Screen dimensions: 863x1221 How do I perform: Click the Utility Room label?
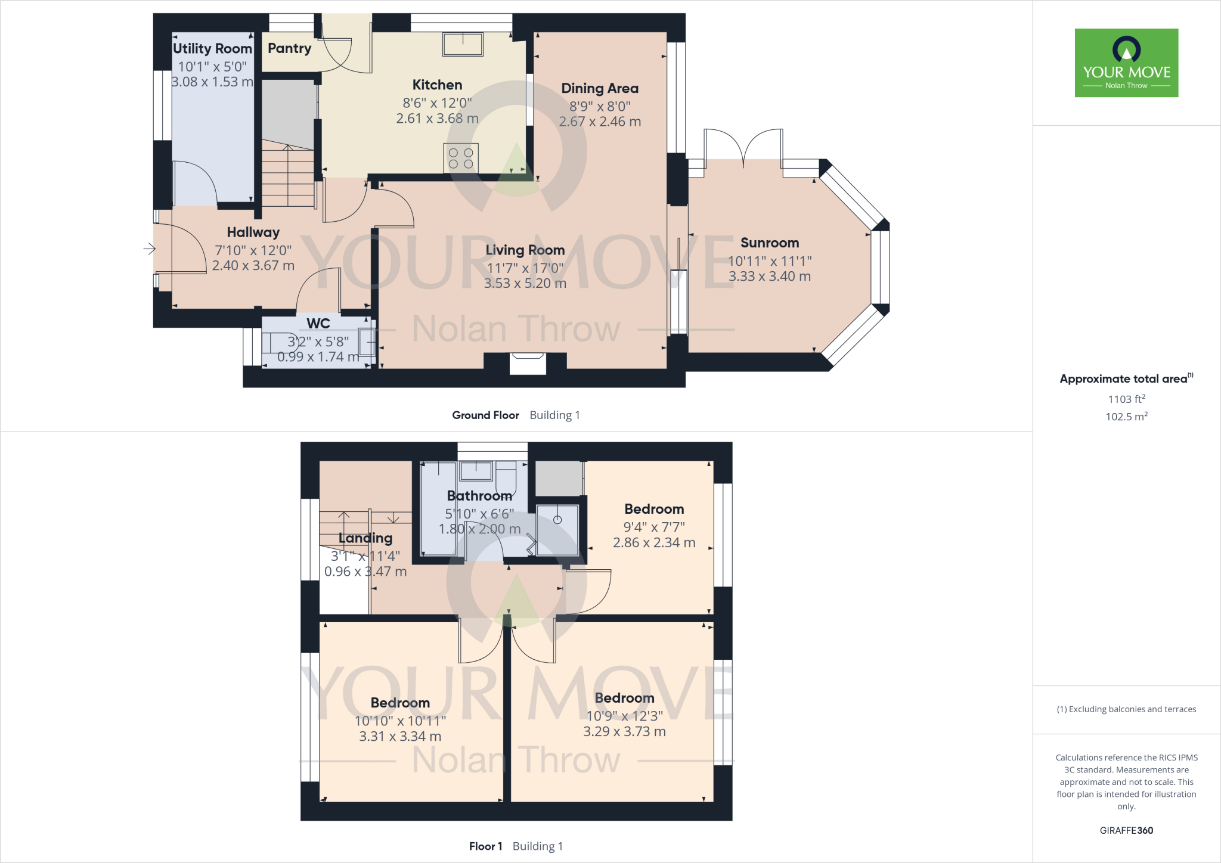tap(212, 48)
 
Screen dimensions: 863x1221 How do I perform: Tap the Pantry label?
tap(289, 48)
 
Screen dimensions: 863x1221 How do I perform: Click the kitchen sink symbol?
tap(463, 44)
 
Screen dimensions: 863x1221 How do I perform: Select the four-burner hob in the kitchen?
tap(461, 158)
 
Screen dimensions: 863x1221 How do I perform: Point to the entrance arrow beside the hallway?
tap(149, 249)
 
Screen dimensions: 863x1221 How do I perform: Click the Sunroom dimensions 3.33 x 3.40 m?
tap(769, 277)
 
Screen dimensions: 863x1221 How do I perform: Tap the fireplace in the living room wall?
tap(528, 363)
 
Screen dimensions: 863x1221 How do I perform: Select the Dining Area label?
tap(600, 88)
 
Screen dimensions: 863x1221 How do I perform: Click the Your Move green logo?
tap(1126, 63)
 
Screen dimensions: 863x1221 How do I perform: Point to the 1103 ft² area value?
tap(1126, 399)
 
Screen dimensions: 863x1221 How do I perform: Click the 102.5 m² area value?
tap(1126, 417)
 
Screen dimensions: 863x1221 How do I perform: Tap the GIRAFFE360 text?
tap(1126, 830)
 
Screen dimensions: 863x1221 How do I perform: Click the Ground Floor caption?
tap(485, 415)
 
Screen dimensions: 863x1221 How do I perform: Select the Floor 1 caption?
tap(485, 846)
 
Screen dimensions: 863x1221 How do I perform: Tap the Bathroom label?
tap(479, 496)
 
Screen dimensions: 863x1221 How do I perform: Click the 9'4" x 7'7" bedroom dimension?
tap(654, 527)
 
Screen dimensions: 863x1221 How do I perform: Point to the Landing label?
tap(365, 538)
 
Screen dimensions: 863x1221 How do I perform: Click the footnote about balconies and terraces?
tap(1126, 709)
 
